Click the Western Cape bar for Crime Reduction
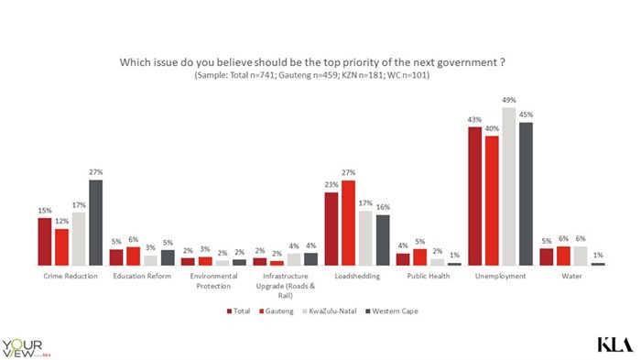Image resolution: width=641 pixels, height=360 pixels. click(95, 223)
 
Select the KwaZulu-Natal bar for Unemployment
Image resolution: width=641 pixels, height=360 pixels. click(508, 186)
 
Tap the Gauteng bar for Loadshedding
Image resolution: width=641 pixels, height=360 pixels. click(348, 223)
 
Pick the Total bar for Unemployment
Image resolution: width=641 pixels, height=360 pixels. click(475, 196)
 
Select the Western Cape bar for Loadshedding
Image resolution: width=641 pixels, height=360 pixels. click(382, 240)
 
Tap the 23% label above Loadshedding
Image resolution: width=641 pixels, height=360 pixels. click(331, 186)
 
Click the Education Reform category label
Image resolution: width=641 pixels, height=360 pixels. click(135, 276)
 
